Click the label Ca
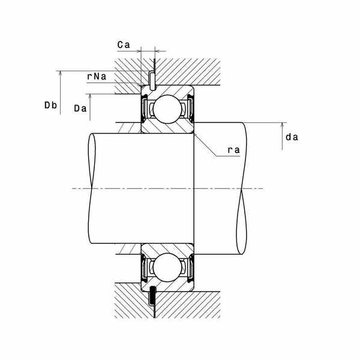point(124,44)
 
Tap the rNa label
point(97,77)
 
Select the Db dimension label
point(50,106)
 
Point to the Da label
point(81,109)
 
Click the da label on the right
point(292,137)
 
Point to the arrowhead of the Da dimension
point(89,95)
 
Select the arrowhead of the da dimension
point(281,125)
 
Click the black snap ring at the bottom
point(152,295)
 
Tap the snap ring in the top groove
point(152,79)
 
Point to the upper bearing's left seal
point(145,109)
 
